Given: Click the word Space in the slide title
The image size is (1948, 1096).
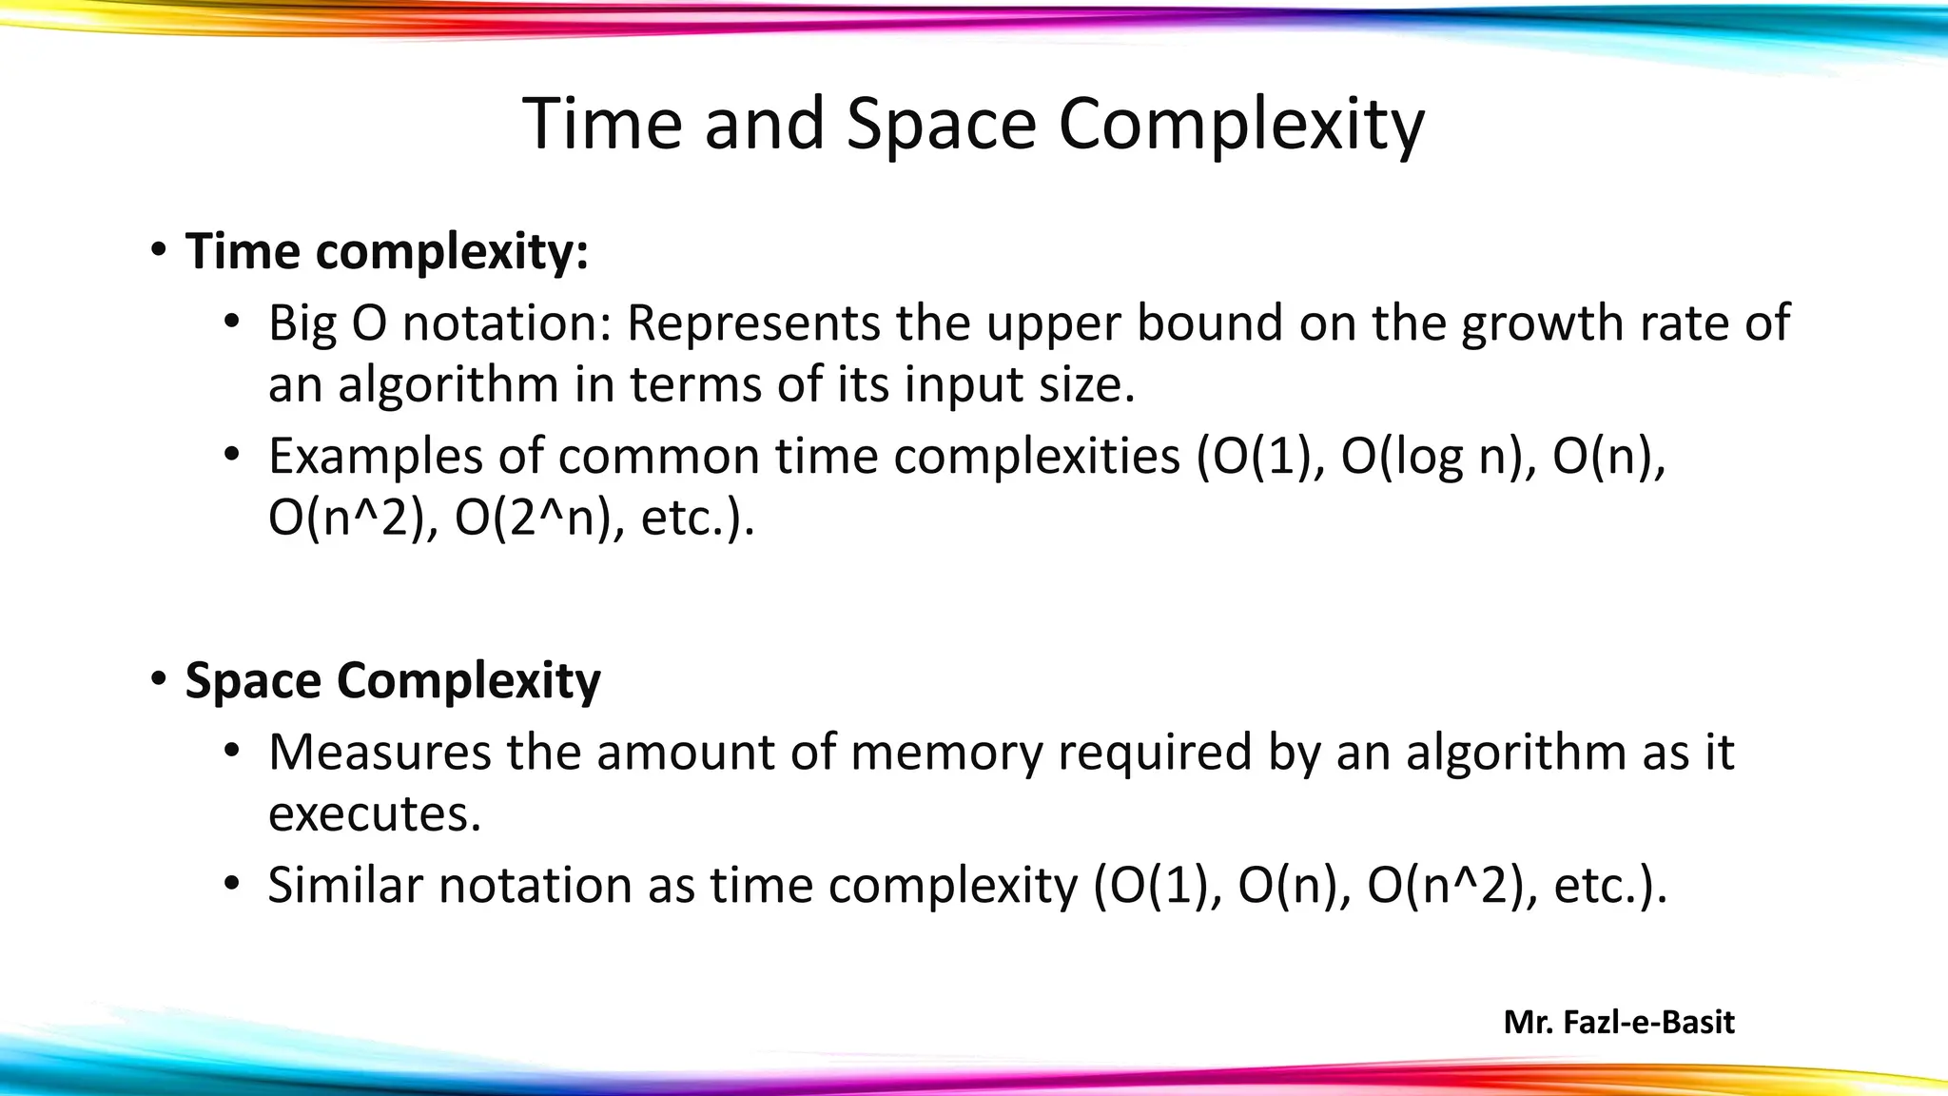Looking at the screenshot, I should tap(940, 125).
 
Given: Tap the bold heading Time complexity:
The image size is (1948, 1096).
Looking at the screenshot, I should tap(387, 252).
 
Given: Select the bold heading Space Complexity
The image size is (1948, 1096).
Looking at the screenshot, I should tap(393, 681).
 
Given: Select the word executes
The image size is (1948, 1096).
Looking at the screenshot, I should tap(375, 814).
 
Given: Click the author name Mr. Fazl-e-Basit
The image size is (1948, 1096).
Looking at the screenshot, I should tap(1619, 1023).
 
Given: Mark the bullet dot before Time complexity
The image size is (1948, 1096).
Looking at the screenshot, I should tap(159, 251).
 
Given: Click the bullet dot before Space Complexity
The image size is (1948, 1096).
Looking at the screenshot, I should tap(159, 680).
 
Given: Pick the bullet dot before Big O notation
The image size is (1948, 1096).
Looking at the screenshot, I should tap(232, 323).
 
